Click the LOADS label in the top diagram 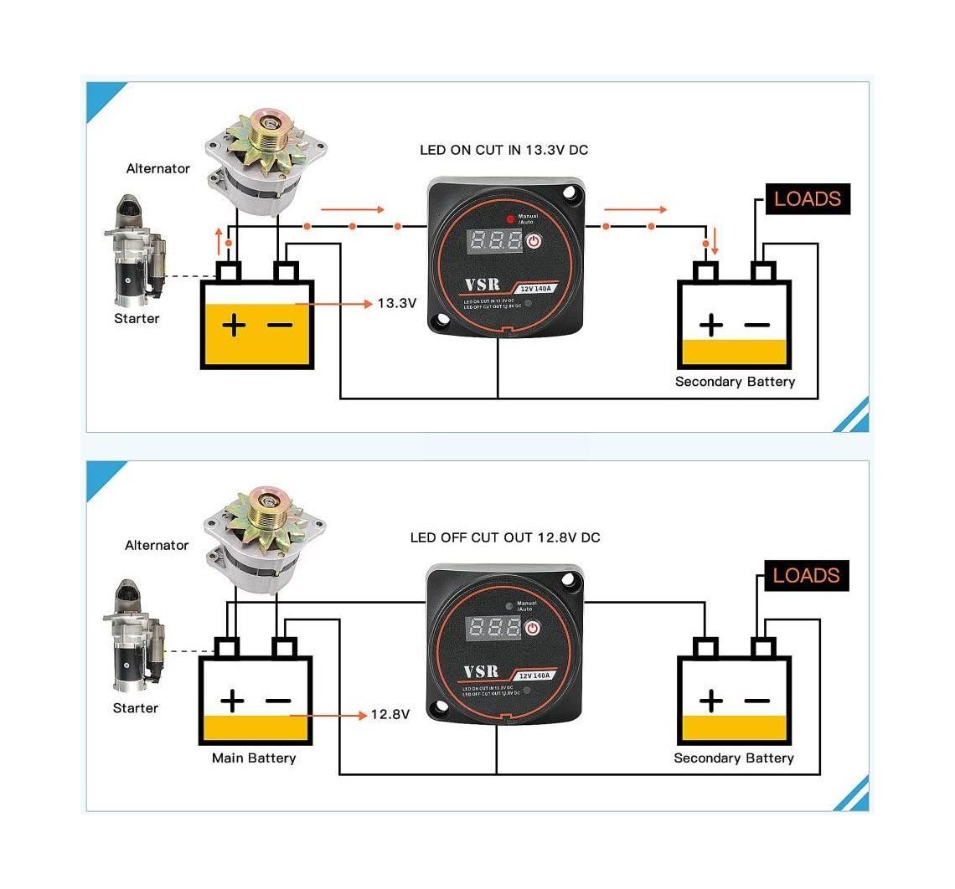point(807,199)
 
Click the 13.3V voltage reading point(396,303)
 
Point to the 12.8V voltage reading point(390,715)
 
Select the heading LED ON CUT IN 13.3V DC point(503,151)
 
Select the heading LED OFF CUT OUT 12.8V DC point(504,537)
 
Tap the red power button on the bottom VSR point(533,628)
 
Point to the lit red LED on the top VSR point(510,218)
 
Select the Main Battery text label point(254,758)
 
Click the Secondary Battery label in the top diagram point(735,382)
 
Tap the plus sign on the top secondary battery point(710,325)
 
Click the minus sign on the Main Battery point(279,701)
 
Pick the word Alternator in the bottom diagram point(157,546)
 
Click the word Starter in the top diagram point(137,319)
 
